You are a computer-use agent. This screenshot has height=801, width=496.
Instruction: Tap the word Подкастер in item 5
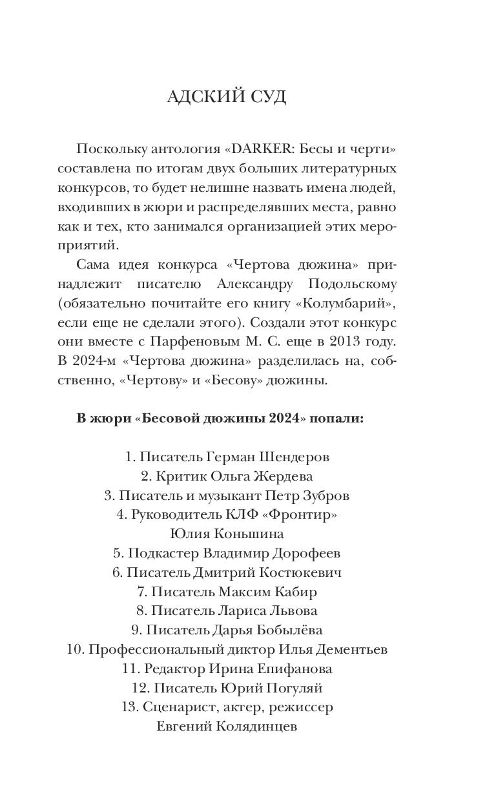pos(163,554)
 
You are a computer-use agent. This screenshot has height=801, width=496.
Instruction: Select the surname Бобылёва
pos(291,630)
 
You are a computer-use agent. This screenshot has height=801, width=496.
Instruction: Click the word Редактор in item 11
pos(174,669)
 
